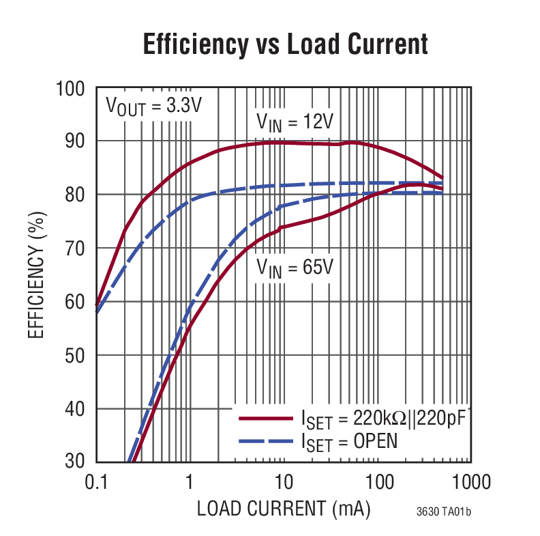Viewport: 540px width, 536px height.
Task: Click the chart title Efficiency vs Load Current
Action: (285, 44)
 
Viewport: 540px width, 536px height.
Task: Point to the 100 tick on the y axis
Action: (70, 89)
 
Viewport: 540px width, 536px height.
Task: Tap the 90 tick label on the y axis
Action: (74, 142)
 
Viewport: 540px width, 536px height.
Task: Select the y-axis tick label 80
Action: (74, 195)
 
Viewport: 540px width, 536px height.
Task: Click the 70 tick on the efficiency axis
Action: (74, 249)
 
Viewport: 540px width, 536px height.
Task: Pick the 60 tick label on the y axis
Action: (74, 302)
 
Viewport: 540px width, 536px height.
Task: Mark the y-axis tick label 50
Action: (74, 356)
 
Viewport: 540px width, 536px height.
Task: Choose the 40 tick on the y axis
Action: (74, 409)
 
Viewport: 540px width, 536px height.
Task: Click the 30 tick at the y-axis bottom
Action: (74, 462)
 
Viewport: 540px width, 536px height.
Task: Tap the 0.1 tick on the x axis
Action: (96, 483)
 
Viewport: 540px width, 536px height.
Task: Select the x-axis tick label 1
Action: (190, 483)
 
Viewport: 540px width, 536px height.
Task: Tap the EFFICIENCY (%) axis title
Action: (35, 275)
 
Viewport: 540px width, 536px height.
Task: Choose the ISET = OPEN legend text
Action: (348, 442)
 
